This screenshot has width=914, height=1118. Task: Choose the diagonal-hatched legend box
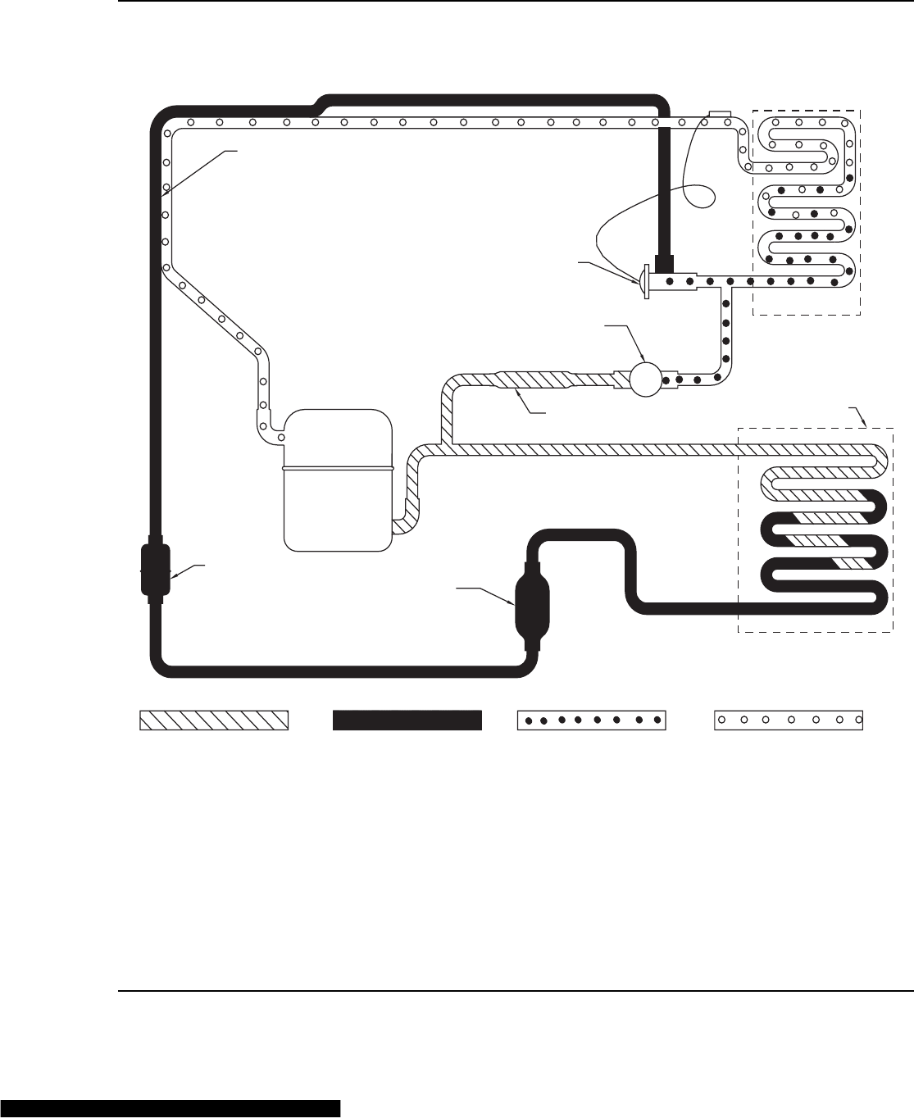(214, 720)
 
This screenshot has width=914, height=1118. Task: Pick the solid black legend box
(406, 720)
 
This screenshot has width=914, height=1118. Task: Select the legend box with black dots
(591, 720)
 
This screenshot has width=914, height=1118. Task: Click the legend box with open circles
(789, 720)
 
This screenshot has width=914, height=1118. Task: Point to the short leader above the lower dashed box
(860, 416)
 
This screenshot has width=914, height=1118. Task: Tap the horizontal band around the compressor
(338, 468)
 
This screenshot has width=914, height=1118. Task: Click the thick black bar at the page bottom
(170, 1109)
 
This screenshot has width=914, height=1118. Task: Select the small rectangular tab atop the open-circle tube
(719, 113)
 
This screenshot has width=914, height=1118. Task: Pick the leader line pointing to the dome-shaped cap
(607, 270)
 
